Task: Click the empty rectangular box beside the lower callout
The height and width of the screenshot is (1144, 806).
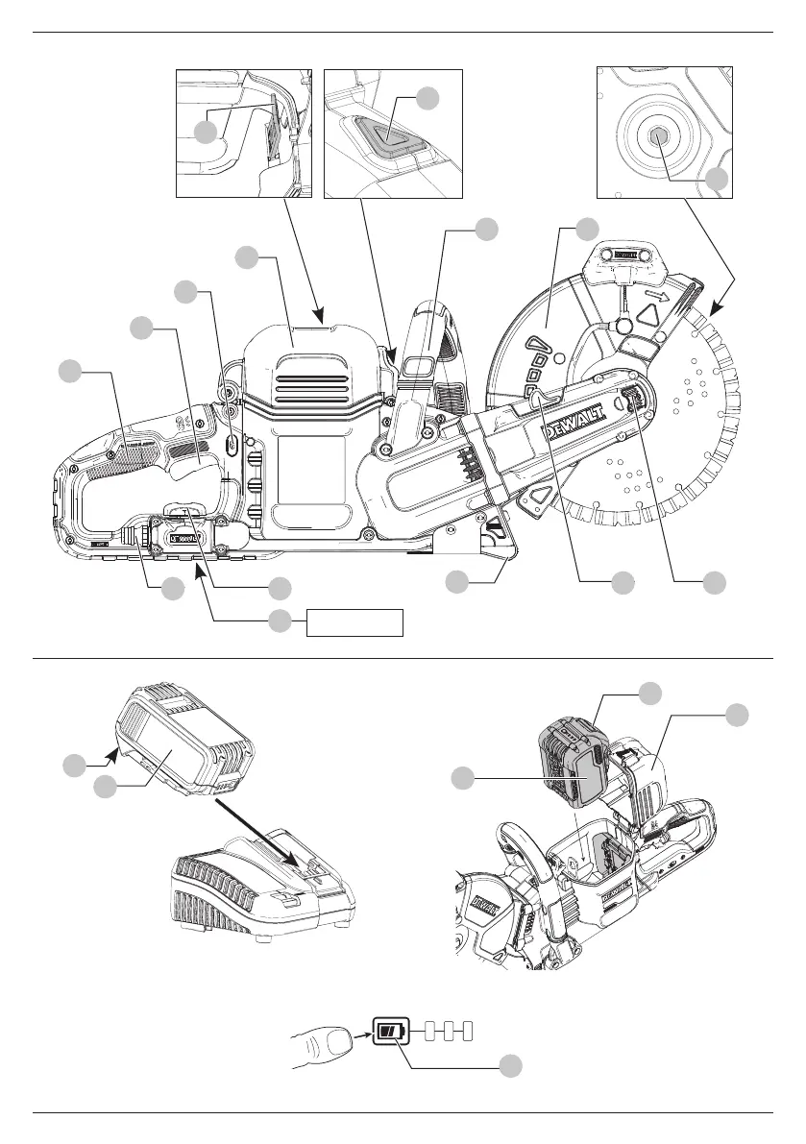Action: click(x=354, y=622)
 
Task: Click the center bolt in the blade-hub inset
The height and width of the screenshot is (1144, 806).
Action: click(x=658, y=136)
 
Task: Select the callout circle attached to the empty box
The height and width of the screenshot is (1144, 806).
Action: click(x=280, y=621)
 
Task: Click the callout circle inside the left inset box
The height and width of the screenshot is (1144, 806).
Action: click(x=206, y=132)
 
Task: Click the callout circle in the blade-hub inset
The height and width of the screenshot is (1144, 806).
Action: click(x=717, y=180)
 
